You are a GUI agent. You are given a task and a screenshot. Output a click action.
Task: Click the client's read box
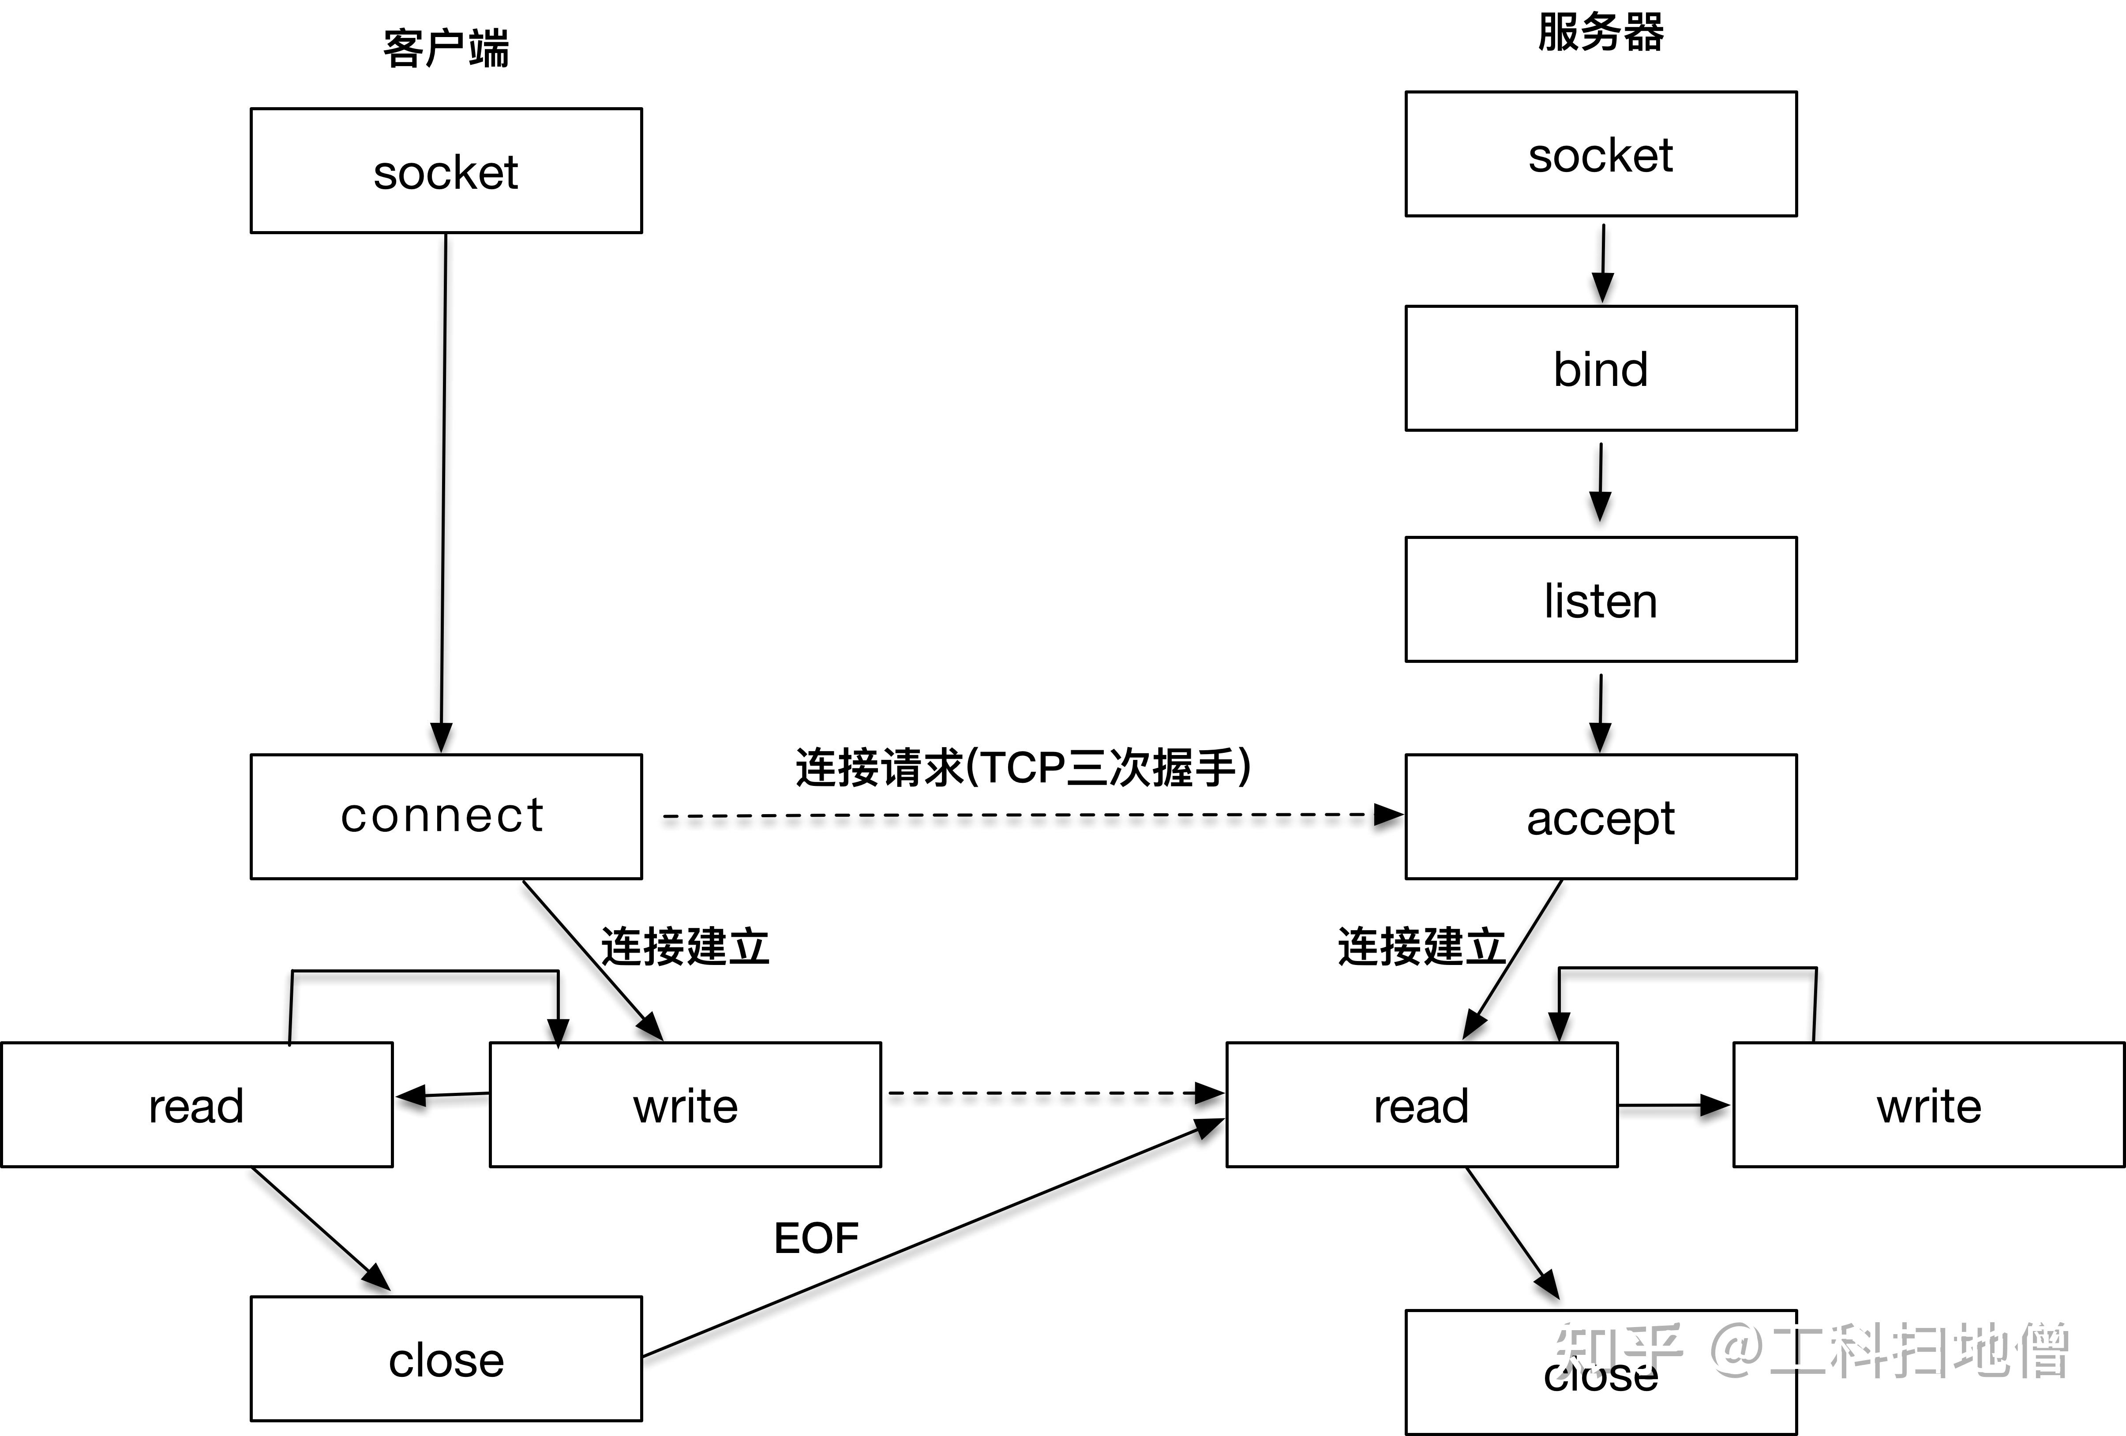click(x=197, y=1105)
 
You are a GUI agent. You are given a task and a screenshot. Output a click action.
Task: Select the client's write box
click(x=685, y=1105)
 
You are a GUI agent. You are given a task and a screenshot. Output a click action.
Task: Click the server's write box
click(x=1928, y=1105)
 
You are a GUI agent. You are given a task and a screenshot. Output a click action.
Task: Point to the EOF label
click(x=816, y=1238)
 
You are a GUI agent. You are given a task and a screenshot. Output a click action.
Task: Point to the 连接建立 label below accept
click(x=1421, y=946)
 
